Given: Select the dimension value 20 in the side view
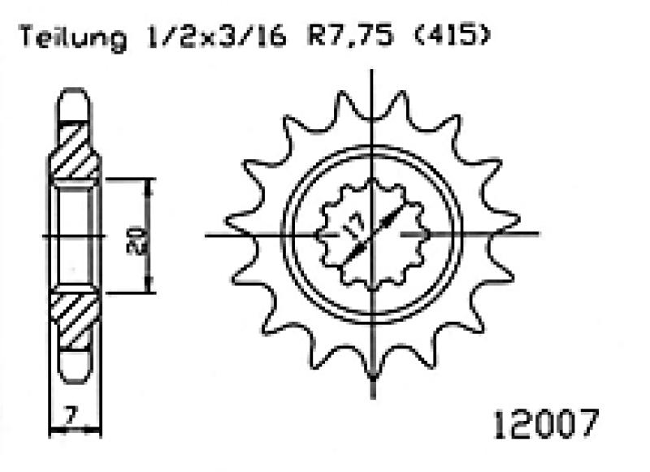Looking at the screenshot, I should tap(137, 236).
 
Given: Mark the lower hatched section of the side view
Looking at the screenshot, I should tap(76, 318).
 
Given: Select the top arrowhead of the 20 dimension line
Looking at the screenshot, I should tap(148, 184).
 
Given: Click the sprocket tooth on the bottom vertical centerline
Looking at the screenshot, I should tap(372, 370).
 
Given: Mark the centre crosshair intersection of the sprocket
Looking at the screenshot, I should tap(372, 236).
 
